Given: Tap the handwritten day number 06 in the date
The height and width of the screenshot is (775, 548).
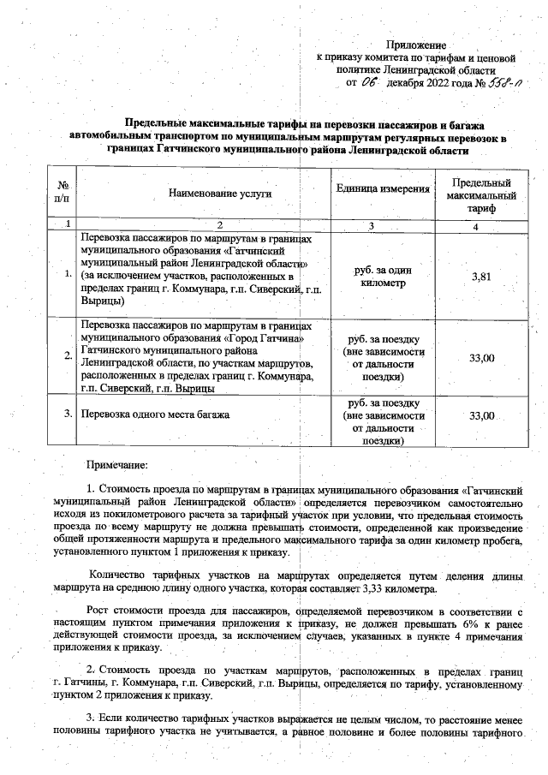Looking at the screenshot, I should click(369, 83).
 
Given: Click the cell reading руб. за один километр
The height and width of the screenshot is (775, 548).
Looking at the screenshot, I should click(383, 276).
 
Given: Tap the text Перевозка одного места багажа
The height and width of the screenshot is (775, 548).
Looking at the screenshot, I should click(155, 414).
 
